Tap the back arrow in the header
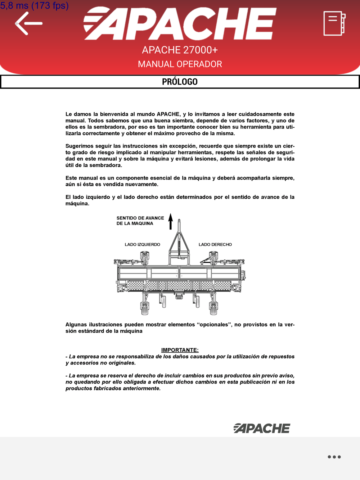28,24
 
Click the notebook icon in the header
334,24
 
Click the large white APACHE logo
180,24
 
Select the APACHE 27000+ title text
180,50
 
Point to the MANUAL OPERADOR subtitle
180,64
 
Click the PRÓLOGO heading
180,82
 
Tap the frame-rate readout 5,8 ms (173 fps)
35,6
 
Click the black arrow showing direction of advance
171,221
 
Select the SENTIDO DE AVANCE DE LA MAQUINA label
140,221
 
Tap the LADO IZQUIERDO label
142,245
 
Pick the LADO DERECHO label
215,245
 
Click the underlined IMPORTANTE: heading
180,350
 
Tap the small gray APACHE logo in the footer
262,428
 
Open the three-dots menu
334,457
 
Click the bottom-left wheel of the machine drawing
145,308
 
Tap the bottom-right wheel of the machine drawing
213,308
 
